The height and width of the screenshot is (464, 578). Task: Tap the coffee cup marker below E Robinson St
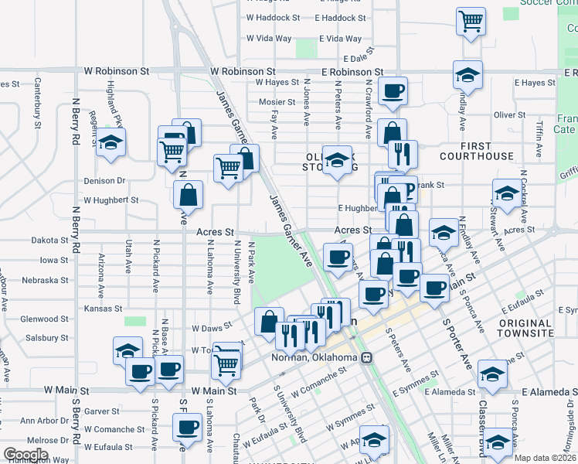coord(393,90)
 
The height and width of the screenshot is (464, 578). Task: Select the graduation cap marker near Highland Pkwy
coord(111,142)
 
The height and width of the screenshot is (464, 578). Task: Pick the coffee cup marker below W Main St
coord(186,426)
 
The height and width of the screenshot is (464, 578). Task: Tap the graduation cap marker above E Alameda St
coord(492,374)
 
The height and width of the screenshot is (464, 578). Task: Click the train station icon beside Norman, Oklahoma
coord(368,358)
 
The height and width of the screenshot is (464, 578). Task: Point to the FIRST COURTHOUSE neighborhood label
coord(476,151)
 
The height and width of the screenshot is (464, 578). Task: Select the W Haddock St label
coord(273,17)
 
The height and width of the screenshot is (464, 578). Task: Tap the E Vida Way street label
coord(339,38)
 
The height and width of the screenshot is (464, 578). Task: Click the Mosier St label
coord(277,101)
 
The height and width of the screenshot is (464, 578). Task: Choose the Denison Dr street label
coord(104,180)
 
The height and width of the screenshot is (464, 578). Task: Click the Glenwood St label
coord(45,319)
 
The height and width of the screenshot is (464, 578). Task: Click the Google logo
coord(25,454)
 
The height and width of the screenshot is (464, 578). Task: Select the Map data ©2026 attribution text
coord(544,458)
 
